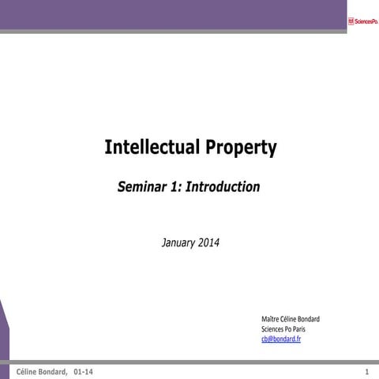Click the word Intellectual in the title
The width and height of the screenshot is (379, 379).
coord(152,148)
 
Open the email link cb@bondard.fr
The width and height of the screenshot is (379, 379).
coord(281,339)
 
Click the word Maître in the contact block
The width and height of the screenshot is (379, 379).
coord(270,319)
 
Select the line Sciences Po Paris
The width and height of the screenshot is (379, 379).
coord(283,328)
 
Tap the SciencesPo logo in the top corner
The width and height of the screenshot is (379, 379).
coord(362,21)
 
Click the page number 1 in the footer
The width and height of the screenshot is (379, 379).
coord(367,371)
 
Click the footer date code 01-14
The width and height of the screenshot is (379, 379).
coord(83,371)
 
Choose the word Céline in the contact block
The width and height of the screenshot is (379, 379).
coord(288,319)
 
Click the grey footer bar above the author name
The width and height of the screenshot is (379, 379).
coord(189,362)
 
